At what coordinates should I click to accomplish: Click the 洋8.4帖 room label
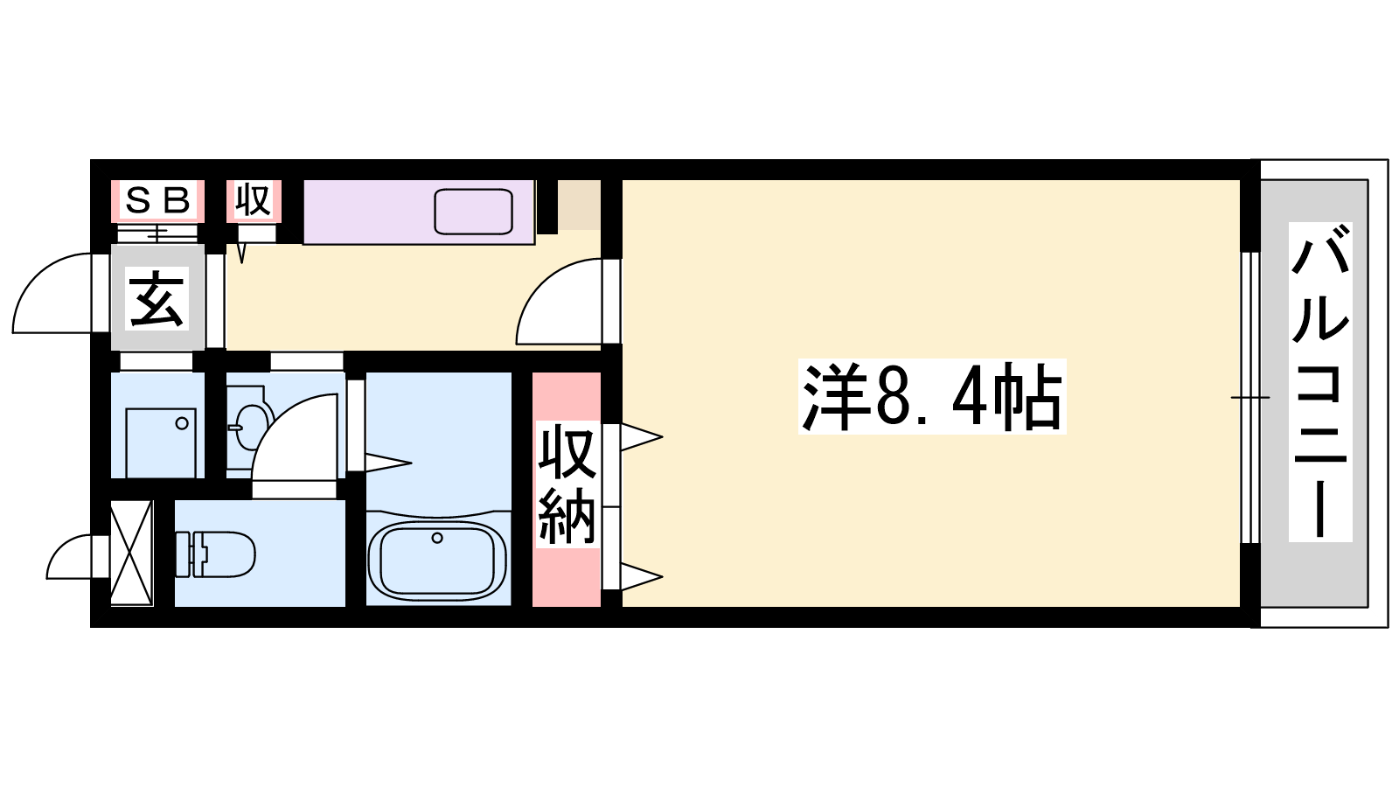[x=932, y=397]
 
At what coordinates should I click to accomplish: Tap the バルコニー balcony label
[x=1320, y=381]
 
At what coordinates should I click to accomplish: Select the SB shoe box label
[x=158, y=200]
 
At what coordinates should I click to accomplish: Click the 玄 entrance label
[x=157, y=298]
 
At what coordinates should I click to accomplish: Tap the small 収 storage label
[x=253, y=200]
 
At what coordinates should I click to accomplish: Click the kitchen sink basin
[x=473, y=212]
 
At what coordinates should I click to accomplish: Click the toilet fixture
[x=215, y=554]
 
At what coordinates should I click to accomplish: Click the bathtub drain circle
[x=437, y=538]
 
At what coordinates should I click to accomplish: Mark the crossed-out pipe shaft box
[x=132, y=553]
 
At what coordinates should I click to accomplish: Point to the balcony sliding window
[x=1250, y=397]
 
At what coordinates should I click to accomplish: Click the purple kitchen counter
[x=419, y=212]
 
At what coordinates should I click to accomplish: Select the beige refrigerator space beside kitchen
[x=579, y=205]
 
